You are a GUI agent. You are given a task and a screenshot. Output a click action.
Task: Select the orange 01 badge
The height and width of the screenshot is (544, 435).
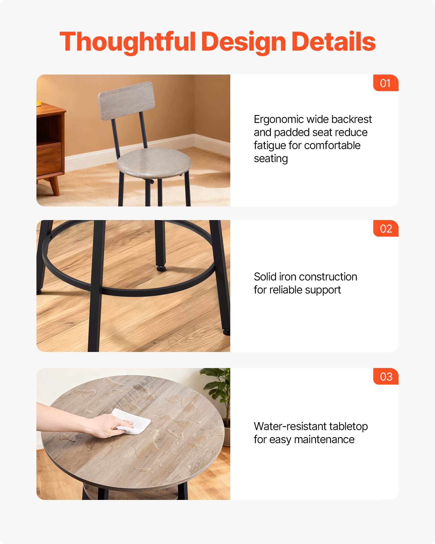[386, 83]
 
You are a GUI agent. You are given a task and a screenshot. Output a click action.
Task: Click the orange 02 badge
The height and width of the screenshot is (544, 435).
[386, 228]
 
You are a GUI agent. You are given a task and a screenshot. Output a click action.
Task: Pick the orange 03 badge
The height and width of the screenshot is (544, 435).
[386, 376]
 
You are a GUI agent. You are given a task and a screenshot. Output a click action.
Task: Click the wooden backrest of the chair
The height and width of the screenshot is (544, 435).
[127, 101]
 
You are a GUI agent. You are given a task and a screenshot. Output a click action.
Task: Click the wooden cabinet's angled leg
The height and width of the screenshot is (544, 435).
[55, 186]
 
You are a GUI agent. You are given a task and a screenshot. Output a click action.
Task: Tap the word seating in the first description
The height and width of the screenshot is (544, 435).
[271, 159]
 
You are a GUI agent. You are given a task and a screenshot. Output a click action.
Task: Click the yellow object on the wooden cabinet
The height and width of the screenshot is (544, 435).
[38, 103]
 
